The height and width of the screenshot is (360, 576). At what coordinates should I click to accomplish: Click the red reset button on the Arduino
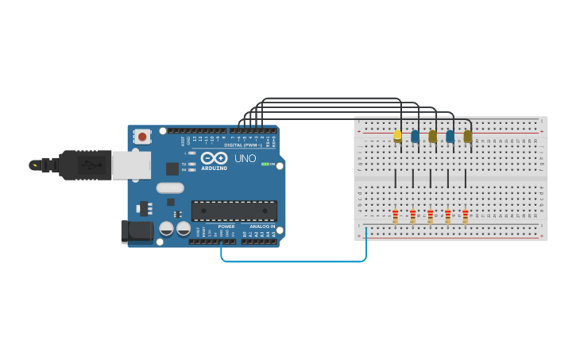click(142, 137)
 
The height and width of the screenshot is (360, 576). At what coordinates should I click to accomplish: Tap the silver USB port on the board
click(130, 165)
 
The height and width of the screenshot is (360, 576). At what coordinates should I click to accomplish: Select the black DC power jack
click(137, 231)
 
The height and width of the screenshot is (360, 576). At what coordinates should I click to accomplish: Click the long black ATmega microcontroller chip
click(234, 211)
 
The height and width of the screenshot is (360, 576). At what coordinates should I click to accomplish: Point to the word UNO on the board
click(245, 158)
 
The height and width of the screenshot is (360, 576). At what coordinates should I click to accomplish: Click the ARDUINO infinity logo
click(214, 158)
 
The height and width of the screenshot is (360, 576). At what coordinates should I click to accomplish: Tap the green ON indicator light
click(264, 164)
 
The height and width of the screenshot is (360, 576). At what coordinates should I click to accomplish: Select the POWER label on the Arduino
click(226, 226)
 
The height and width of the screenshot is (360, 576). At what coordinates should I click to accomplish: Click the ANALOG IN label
click(262, 226)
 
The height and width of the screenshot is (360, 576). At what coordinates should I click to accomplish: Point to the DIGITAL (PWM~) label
click(244, 145)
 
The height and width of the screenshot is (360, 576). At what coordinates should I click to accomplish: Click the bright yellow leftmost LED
click(397, 136)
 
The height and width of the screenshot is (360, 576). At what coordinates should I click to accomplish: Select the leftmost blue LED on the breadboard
click(415, 136)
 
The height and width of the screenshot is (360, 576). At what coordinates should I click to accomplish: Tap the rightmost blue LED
click(450, 136)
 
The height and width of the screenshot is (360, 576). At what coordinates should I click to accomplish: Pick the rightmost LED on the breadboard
click(467, 136)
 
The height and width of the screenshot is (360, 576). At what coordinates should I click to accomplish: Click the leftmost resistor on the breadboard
click(396, 215)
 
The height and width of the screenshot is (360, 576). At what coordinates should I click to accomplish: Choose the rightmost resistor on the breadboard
click(466, 215)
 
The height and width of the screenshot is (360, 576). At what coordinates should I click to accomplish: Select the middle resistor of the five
click(431, 215)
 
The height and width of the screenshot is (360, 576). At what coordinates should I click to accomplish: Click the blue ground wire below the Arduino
click(294, 261)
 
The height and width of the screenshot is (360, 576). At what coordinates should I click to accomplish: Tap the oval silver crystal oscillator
click(171, 188)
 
